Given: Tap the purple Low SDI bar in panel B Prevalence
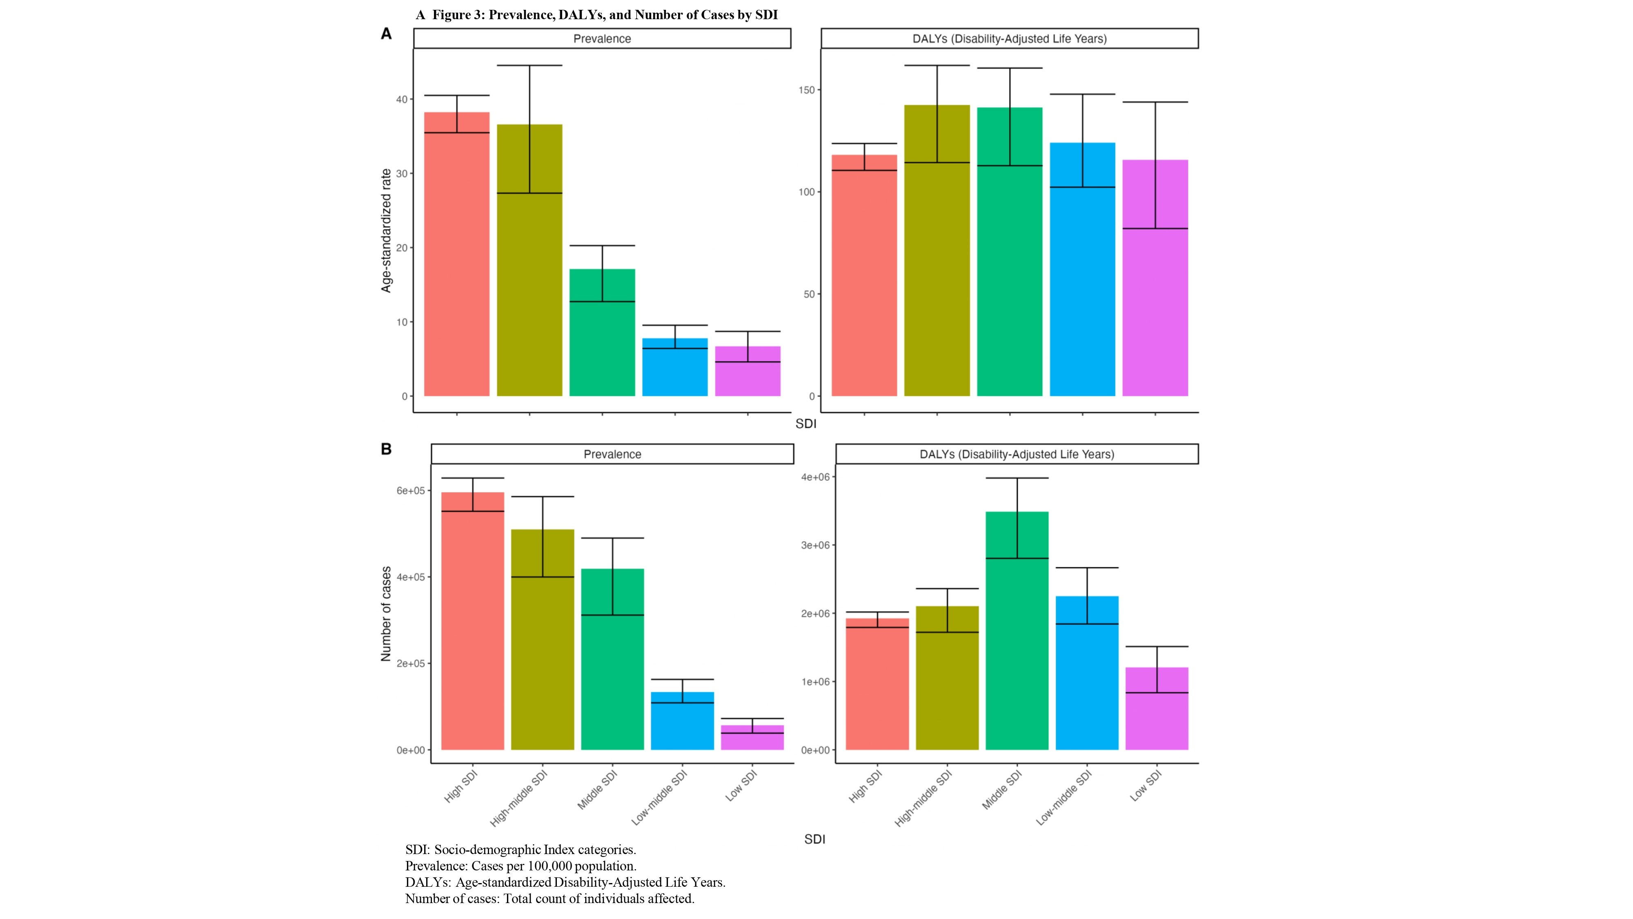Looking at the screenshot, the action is (752, 738).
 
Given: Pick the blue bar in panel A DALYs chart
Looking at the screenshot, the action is (1082, 270).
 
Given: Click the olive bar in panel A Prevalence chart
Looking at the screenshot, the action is (530, 260).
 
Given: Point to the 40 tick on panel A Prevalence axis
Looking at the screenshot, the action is (402, 100).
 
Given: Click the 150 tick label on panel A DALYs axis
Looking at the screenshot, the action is (806, 90).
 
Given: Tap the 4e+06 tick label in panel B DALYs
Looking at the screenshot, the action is (815, 477).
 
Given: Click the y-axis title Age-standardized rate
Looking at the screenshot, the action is (386, 231).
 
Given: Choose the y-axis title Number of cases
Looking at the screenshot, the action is (386, 614).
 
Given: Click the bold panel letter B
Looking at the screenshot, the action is (386, 449).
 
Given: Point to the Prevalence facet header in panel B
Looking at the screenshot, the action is (612, 454).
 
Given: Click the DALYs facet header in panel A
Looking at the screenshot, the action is (1009, 39).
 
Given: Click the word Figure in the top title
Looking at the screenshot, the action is (452, 15).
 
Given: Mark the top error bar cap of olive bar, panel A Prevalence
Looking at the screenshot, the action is (530, 65).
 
